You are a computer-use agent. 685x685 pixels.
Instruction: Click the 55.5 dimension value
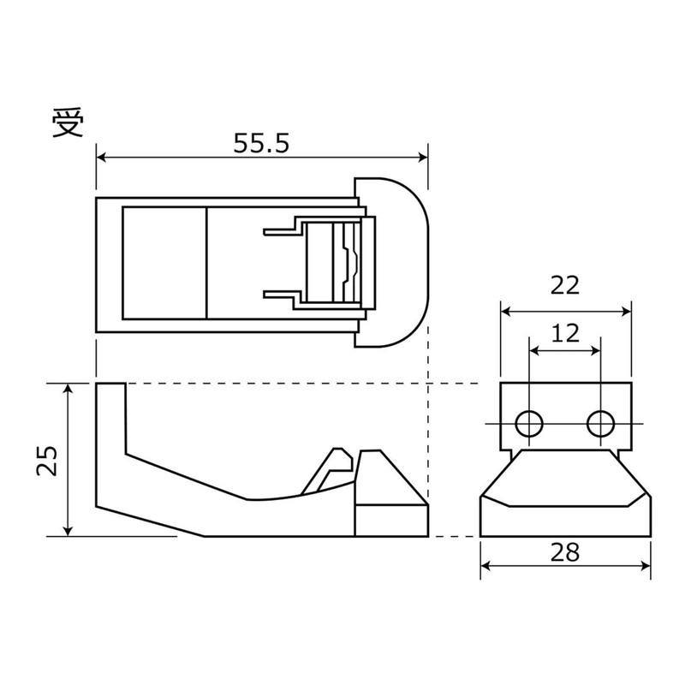tap(262, 143)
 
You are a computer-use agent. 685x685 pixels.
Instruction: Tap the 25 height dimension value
tap(48, 460)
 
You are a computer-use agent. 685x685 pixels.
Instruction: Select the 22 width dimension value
tap(565, 285)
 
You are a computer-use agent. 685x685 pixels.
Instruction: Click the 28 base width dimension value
tap(565, 552)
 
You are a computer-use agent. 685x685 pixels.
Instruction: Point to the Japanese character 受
tap(68, 124)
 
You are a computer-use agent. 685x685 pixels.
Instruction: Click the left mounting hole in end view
tap(529, 422)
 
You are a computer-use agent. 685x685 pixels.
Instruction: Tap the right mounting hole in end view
tap(600, 422)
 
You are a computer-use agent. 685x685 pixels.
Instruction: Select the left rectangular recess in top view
tap(164, 262)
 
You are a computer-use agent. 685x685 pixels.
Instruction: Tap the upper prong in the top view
tap(280, 230)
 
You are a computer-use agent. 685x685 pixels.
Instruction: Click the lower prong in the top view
tap(280, 295)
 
